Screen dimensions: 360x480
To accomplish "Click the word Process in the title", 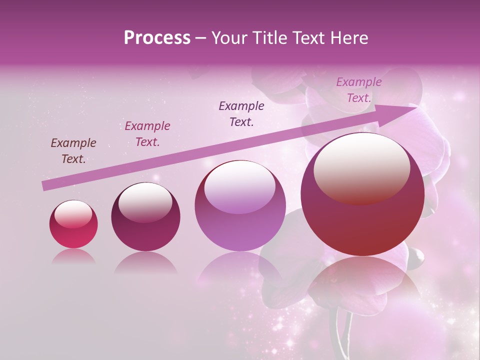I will tap(157, 38).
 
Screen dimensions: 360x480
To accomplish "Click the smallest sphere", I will tap(73, 224).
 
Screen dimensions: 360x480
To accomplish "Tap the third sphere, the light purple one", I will tap(240, 206).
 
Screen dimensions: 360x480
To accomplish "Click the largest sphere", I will tap(362, 195).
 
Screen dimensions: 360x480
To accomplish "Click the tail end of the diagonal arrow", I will tap(44, 186).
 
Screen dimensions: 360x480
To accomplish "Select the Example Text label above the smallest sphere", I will tap(73, 151).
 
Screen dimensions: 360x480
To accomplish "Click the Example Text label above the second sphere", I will tap(147, 134).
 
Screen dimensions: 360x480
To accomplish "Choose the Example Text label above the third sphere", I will tap(241, 114).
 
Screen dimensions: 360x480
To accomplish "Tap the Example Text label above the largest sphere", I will tap(359, 90).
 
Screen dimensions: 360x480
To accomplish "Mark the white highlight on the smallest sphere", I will tap(73, 214).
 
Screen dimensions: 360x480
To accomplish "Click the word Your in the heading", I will tap(228, 38).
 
